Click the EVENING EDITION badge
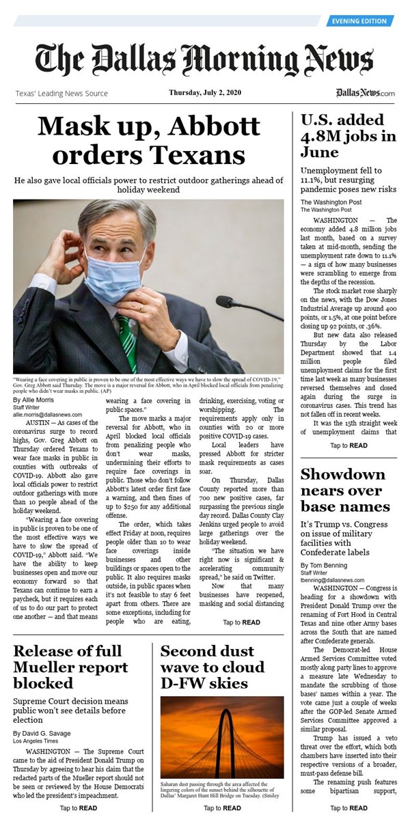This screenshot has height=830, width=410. (359, 21)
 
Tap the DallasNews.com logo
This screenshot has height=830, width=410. (366, 93)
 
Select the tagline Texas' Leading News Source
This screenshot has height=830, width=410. (61, 93)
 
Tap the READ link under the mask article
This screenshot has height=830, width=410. (241, 622)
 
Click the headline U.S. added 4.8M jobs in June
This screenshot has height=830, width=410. (347, 136)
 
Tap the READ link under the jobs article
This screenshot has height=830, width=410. (348, 445)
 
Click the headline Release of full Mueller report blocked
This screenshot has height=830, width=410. (70, 667)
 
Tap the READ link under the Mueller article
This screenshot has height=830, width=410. (78, 808)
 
